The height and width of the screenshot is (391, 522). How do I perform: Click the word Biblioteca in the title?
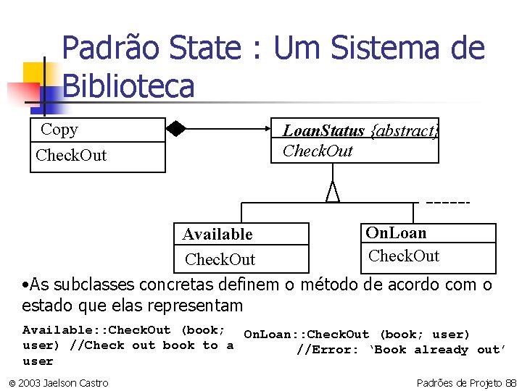(128, 85)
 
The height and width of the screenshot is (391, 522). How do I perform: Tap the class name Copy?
(59, 130)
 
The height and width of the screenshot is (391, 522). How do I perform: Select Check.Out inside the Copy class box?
(71, 155)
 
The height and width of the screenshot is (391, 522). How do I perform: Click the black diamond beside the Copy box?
(175, 130)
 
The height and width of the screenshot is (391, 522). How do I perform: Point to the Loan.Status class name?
(323, 131)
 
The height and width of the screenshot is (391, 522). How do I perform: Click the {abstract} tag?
(405, 131)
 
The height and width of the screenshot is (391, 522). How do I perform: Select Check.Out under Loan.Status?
(318, 151)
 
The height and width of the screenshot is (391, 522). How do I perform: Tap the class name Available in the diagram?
(217, 234)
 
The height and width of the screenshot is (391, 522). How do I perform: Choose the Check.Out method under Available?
(220, 259)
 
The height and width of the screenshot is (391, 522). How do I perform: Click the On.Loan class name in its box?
(396, 232)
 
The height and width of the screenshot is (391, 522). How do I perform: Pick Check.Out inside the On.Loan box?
(404, 256)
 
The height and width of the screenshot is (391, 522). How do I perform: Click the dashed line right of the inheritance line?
(447, 202)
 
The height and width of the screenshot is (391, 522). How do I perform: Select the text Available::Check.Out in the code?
(96, 330)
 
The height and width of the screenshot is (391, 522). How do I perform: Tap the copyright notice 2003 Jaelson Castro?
(59, 382)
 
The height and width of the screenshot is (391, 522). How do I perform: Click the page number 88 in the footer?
(510, 382)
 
